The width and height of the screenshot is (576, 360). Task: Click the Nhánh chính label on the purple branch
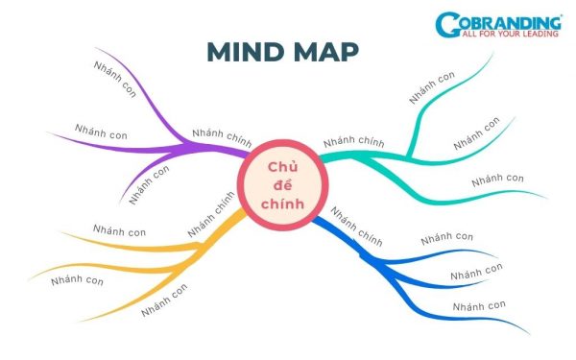[222, 134]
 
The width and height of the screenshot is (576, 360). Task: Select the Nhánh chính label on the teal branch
[353, 142]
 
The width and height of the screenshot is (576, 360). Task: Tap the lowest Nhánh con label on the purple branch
[150, 184]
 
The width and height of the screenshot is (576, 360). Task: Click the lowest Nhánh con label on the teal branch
[497, 179]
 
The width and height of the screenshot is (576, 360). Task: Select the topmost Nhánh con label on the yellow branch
[119, 231]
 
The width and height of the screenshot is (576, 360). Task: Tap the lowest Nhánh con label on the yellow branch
[164, 300]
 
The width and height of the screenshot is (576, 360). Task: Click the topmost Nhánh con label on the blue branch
[446, 237]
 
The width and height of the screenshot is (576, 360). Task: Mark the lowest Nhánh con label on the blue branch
[478, 305]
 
